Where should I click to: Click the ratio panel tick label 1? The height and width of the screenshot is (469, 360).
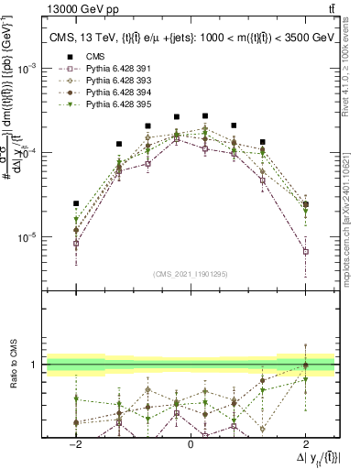[34, 365]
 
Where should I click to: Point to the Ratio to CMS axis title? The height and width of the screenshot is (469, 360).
[13, 365]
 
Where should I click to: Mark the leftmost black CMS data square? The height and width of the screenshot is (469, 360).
[76, 203]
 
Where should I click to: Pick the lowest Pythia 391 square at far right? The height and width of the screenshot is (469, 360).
[306, 251]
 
